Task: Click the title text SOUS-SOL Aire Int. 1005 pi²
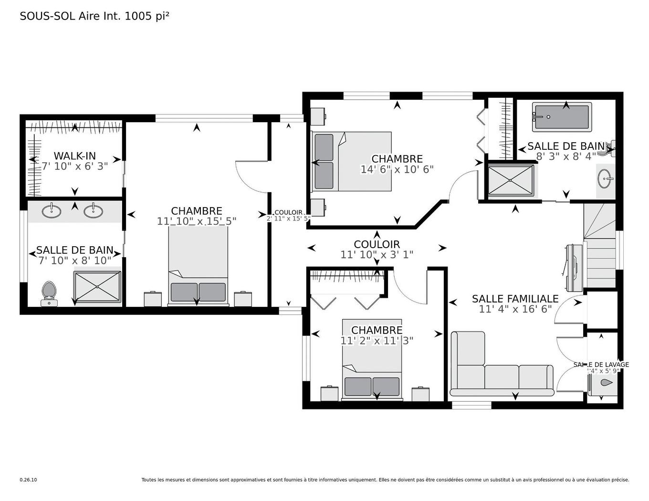coord(94,16)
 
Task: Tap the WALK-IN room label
coord(74,156)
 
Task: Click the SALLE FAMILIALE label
coord(515,299)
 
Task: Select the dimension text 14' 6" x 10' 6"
coord(397,169)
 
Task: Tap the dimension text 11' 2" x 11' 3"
coord(377,341)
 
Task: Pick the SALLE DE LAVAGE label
coord(601,365)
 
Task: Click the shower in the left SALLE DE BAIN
coord(97,287)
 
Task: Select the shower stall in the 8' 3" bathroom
coord(511,180)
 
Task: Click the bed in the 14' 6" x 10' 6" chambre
coord(351,161)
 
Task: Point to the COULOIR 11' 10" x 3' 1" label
coord(377,250)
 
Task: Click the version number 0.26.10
coord(28,480)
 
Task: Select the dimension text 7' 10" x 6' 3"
coord(74,166)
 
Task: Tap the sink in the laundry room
coord(605,383)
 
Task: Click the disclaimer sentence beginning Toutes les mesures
coord(385,480)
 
